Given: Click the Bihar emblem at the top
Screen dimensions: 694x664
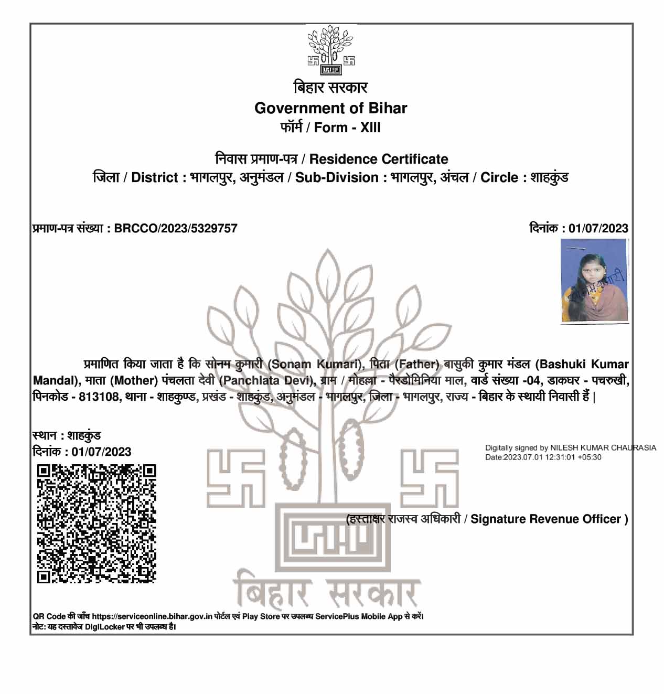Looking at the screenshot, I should (x=330, y=50).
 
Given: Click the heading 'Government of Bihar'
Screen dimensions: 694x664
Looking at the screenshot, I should (x=330, y=108).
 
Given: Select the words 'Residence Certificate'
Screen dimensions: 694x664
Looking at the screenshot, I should (x=379, y=159).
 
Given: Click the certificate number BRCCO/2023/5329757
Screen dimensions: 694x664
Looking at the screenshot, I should (x=176, y=228).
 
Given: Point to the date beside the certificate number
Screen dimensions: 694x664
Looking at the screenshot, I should (x=598, y=228).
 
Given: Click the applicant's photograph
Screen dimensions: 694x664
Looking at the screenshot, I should (x=594, y=280).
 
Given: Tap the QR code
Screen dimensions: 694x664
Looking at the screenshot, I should (x=97, y=524).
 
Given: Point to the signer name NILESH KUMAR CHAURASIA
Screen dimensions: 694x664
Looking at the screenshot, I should (x=603, y=448).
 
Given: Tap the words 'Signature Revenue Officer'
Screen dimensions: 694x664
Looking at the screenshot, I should (x=545, y=519).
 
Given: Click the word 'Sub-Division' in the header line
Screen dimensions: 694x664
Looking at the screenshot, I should (x=337, y=177).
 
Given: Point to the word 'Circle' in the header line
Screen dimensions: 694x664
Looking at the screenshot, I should (x=499, y=177).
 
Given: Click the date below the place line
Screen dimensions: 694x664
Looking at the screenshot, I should (x=101, y=452).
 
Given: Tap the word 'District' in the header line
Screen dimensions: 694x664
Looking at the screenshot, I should (x=155, y=177).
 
